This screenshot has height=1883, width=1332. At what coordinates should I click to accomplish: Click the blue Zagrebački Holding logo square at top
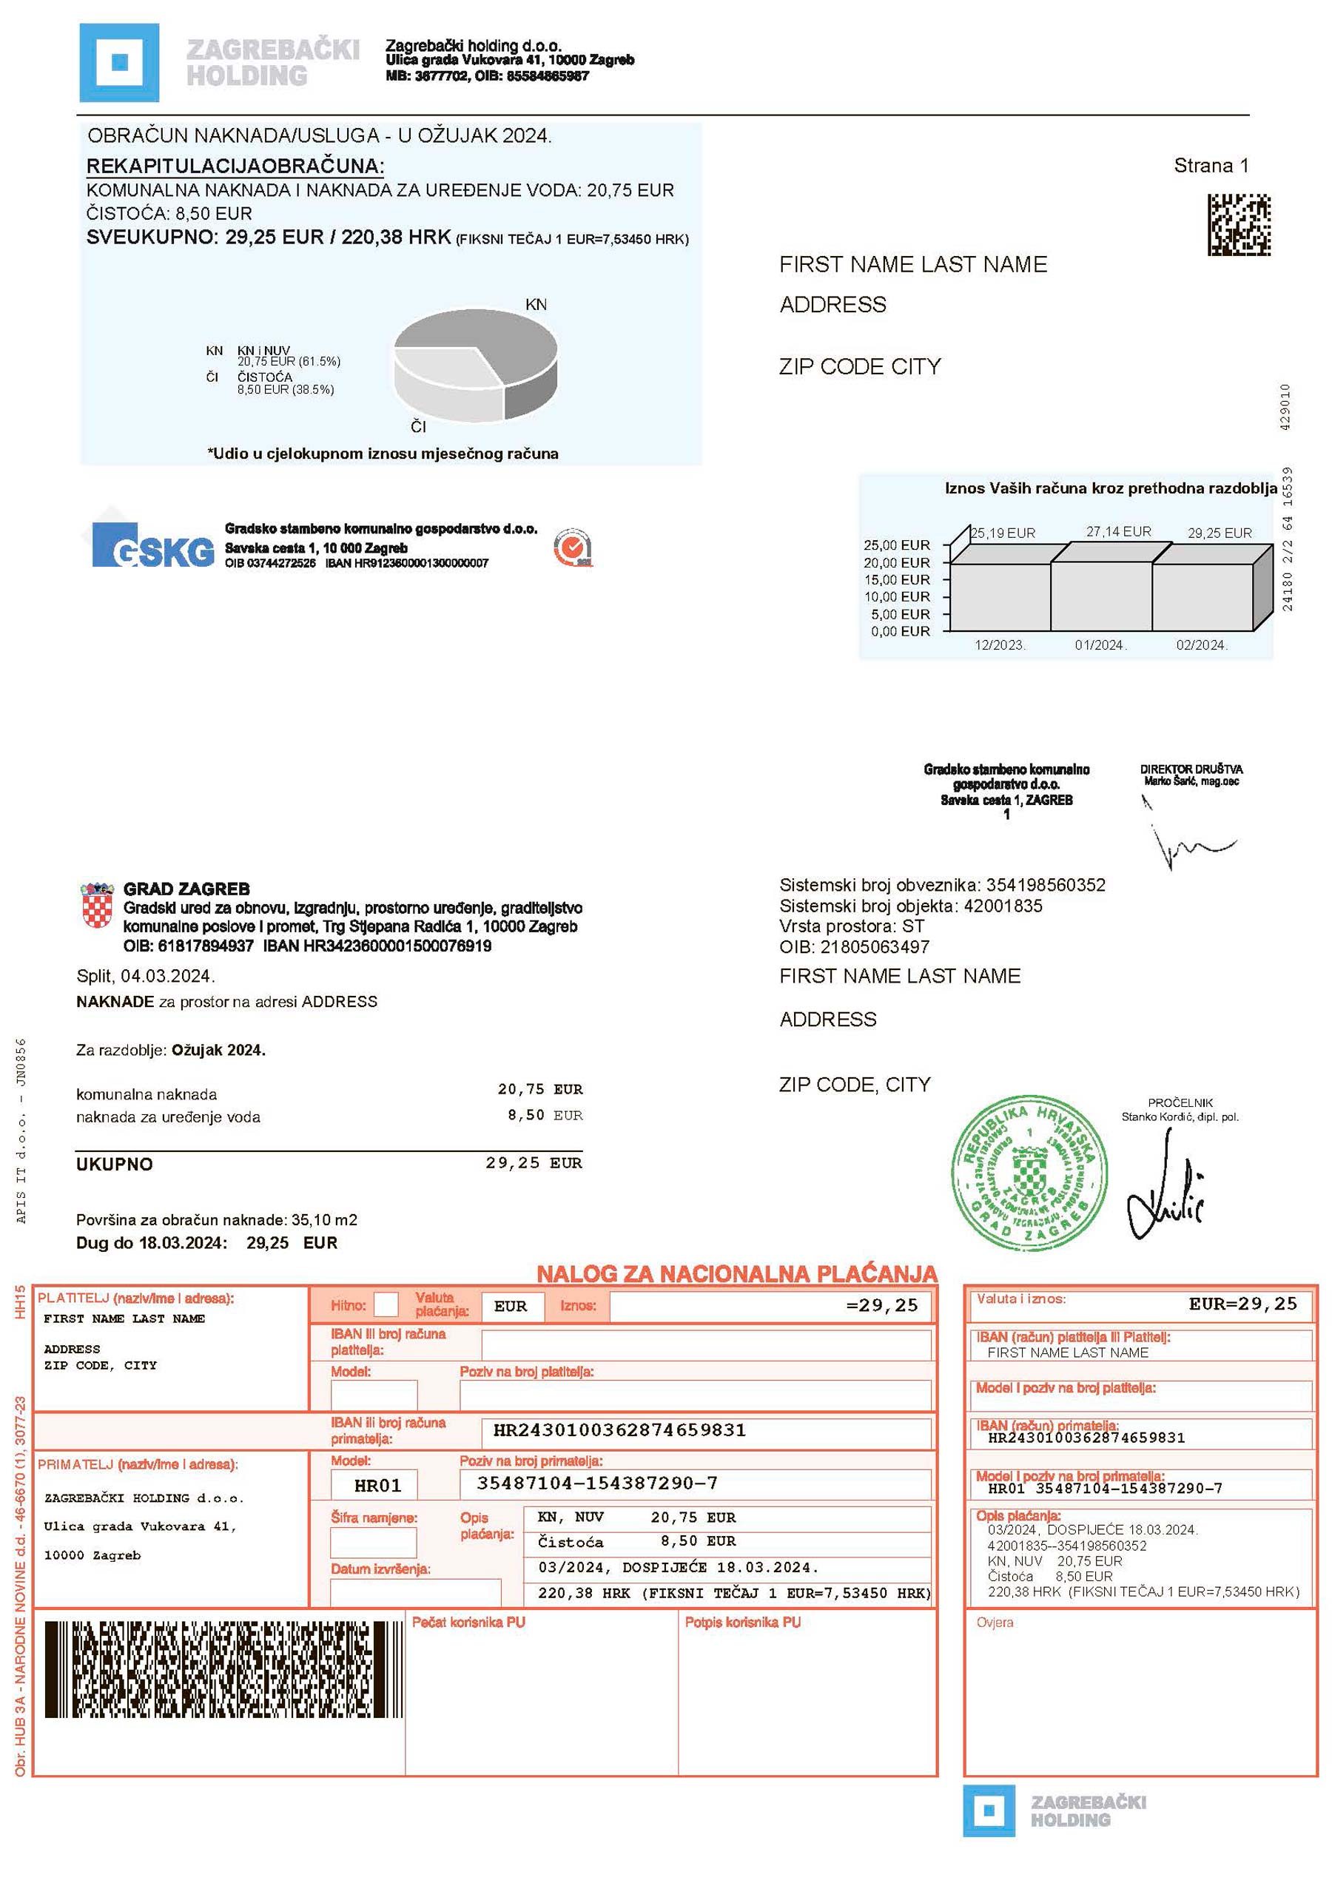coord(119,62)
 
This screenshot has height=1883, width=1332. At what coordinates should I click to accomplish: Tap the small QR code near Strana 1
coord(1239,224)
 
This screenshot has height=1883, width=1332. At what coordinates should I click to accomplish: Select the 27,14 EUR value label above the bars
coord(1119,531)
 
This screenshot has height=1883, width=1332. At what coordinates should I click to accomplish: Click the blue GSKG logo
coord(153,548)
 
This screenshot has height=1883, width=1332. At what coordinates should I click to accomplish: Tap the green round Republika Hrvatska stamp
coord(1029,1173)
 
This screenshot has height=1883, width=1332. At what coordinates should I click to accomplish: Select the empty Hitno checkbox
coord(386,1305)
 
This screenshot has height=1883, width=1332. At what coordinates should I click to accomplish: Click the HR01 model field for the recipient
coord(375,1485)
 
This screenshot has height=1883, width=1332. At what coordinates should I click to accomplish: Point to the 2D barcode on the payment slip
coord(223,1669)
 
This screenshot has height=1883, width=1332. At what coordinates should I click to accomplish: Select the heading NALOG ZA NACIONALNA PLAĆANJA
coord(736,1273)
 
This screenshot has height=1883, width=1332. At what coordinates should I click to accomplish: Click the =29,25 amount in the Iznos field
coord(882,1306)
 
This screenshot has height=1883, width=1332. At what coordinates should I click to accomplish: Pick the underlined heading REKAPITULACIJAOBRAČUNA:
coord(235,166)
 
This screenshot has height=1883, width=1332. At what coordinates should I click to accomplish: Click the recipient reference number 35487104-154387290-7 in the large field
coord(596,1483)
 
